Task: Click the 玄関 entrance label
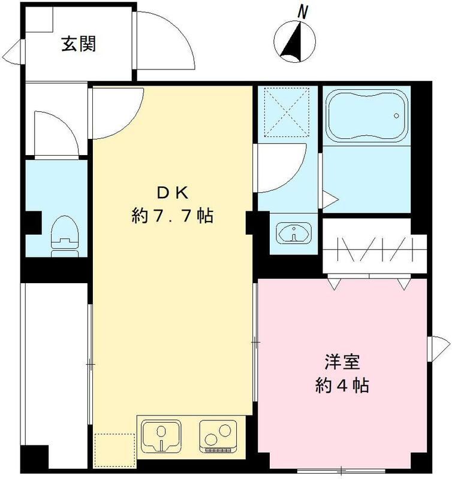(x=79, y=44)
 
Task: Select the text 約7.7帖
(x=173, y=216)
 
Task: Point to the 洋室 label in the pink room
(x=342, y=362)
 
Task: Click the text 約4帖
(x=342, y=385)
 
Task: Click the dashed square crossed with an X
(x=285, y=112)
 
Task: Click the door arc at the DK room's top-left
(x=117, y=111)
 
